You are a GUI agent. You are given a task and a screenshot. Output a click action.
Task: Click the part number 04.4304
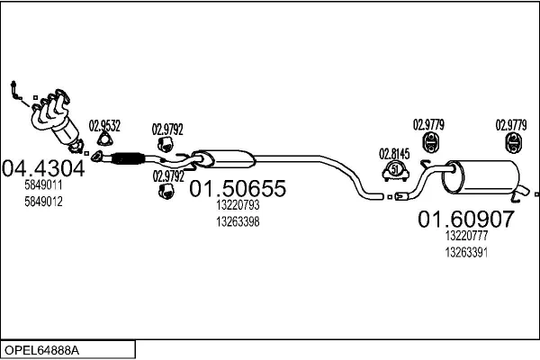43,167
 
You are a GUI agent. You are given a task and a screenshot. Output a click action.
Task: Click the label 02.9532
104,125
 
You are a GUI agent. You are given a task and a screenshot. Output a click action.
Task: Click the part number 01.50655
237,189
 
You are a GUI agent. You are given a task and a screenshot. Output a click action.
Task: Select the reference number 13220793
238,206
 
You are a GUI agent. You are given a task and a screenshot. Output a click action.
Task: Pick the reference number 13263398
238,221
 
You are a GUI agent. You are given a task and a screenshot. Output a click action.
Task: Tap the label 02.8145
393,152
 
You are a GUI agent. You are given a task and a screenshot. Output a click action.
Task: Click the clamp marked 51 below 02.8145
395,169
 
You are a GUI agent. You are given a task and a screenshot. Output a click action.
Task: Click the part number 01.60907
465,219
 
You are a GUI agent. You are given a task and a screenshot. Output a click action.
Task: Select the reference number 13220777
466,236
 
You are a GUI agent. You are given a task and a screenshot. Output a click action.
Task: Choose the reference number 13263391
466,252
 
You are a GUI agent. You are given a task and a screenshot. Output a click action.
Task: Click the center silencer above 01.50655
226,159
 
